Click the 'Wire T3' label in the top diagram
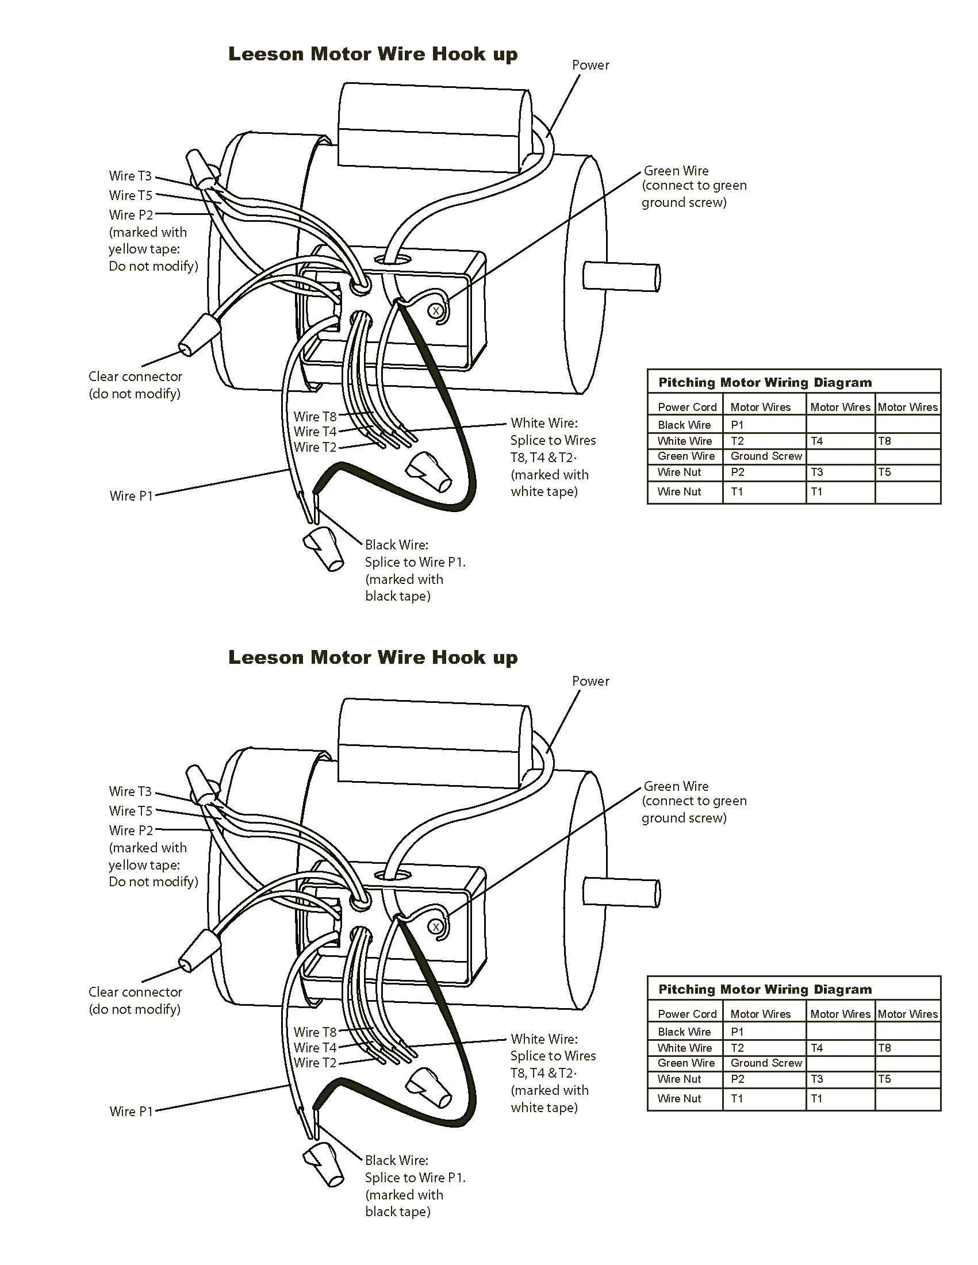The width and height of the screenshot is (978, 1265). point(130,176)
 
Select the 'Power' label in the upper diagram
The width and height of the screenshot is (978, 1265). point(590,65)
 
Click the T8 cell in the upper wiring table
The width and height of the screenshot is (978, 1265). point(884,441)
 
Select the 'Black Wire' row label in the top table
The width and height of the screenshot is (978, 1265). point(684,425)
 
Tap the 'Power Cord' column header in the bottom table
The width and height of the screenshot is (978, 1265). point(686,1014)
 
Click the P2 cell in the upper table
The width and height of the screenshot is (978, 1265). point(737,472)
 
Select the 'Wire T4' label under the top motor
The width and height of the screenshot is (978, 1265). point(315,432)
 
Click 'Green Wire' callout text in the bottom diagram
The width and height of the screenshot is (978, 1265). point(676,787)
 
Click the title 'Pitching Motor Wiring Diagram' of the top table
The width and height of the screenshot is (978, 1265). point(765,382)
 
